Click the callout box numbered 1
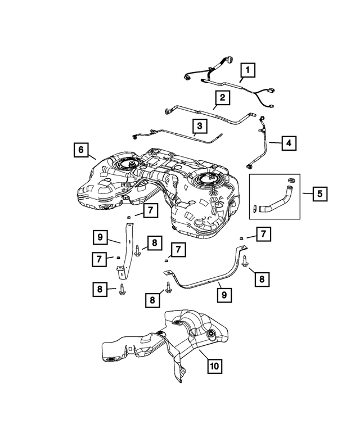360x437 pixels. (246, 71)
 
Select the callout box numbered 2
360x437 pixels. (222, 98)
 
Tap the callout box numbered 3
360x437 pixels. (199, 125)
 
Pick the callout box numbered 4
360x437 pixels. (288, 143)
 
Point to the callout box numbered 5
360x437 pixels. (319, 195)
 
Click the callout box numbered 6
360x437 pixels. (80, 150)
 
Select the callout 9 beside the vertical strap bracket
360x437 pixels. (100, 238)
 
